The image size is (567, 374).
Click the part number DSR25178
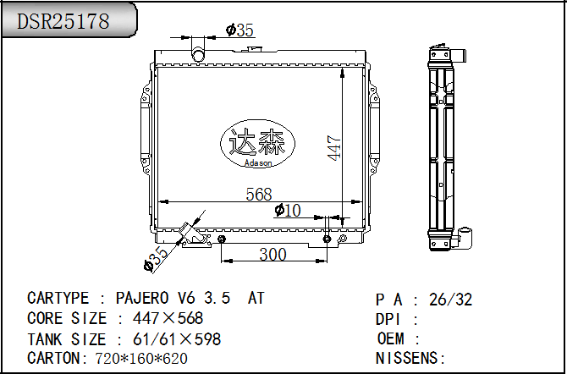tap(63, 21)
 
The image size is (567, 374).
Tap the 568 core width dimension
tap(259, 195)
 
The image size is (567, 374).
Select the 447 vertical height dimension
tap(334, 147)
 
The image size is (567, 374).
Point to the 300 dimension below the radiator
tap(272, 255)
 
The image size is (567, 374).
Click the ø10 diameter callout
tap(288, 210)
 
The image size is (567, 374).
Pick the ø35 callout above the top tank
tap(239, 30)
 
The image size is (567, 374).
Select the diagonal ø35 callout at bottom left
tap(157, 259)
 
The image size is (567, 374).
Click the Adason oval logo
tap(257, 144)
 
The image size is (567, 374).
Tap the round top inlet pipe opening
tap(198, 55)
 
